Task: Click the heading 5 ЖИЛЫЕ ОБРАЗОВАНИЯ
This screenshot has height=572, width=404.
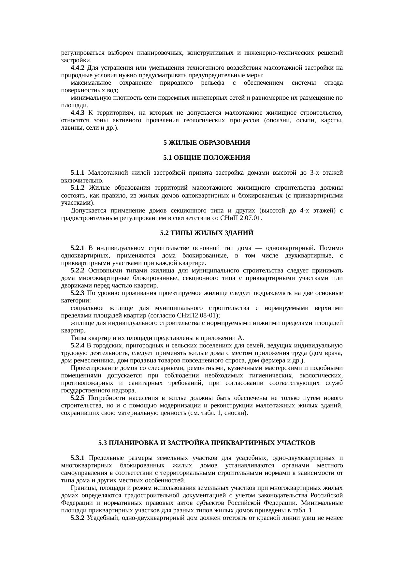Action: point(207,143)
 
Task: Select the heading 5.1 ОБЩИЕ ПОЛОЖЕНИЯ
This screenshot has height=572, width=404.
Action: point(207,158)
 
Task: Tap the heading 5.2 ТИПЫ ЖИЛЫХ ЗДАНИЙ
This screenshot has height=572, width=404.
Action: point(207,233)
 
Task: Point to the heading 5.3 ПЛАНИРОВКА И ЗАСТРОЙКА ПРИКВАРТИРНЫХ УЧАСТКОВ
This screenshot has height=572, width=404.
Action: point(207,443)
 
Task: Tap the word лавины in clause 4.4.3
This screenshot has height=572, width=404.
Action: point(70,128)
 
